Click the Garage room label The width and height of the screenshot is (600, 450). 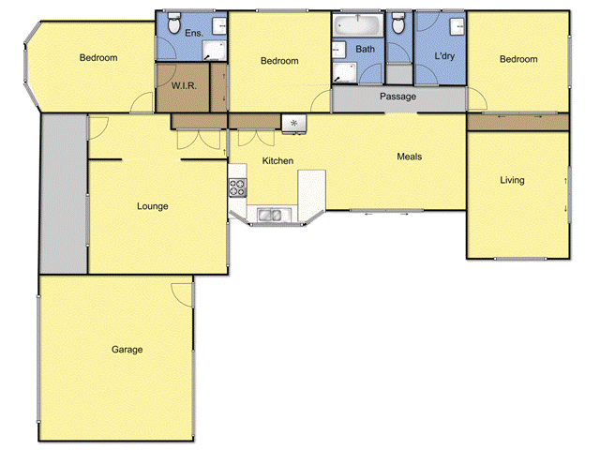[127, 350]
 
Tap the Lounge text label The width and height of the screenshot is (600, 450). [152, 206]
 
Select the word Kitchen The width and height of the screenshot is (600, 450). [277, 161]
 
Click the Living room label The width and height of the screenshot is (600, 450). [512, 180]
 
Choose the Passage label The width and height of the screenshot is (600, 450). [397, 97]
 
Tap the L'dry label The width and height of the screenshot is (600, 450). [444, 55]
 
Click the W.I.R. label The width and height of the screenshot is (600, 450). [183, 86]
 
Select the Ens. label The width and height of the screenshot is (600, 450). [194, 33]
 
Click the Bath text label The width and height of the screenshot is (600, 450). [365, 49]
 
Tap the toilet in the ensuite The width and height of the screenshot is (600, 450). [172, 22]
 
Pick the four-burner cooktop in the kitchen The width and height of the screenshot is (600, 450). [238, 187]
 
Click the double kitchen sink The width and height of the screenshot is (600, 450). [271, 216]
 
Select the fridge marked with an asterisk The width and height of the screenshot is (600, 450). [294, 122]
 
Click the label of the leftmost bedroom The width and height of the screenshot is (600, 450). [98, 58]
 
